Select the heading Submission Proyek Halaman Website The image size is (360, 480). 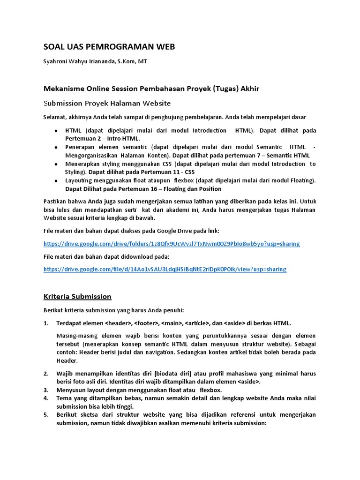[x=107, y=103]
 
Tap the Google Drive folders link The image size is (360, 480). [x=172, y=244]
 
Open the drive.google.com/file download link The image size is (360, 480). [x=165, y=269]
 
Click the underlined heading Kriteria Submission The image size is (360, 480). [x=77, y=296]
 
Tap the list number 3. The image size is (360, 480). [x=46, y=390]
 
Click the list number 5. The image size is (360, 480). [x=46, y=414]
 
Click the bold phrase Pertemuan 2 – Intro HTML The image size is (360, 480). [x=103, y=139]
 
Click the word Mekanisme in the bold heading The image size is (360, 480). [x=64, y=89]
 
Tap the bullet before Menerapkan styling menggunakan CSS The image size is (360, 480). [x=56, y=164]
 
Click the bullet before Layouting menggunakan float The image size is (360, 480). [x=56, y=180]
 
